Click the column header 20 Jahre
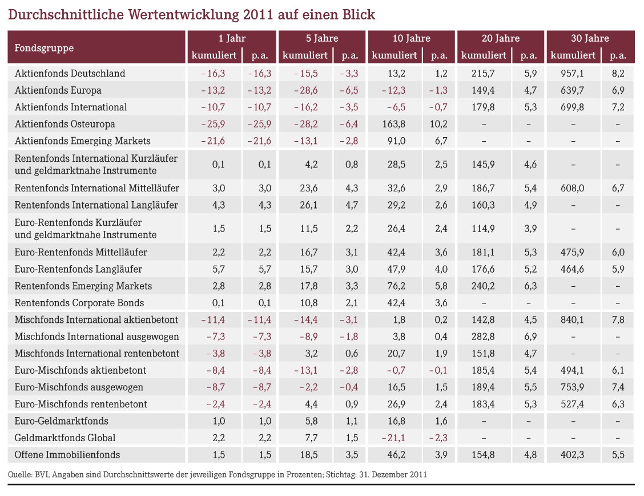click(x=501, y=38)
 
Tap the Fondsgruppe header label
click(x=44, y=48)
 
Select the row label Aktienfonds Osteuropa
click(x=65, y=123)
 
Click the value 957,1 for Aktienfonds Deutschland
click(x=572, y=73)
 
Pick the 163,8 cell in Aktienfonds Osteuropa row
click(x=394, y=123)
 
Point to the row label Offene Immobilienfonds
click(x=67, y=454)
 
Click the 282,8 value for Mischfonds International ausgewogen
click(x=483, y=337)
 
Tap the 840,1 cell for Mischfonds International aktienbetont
click(x=572, y=319)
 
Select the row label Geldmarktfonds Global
click(x=65, y=438)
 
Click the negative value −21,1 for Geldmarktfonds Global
click(x=393, y=438)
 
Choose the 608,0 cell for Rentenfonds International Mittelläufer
click(x=572, y=188)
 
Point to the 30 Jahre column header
click(x=590, y=38)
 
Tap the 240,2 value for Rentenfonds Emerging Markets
click(x=483, y=286)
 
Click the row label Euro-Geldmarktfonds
click(x=61, y=421)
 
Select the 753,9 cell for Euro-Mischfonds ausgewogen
click(x=572, y=387)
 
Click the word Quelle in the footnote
click(x=20, y=475)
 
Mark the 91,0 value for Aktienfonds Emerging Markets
click(x=396, y=141)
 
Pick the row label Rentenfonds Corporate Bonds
click(x=79, y=303)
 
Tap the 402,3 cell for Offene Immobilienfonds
click(x=572, y=454)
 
